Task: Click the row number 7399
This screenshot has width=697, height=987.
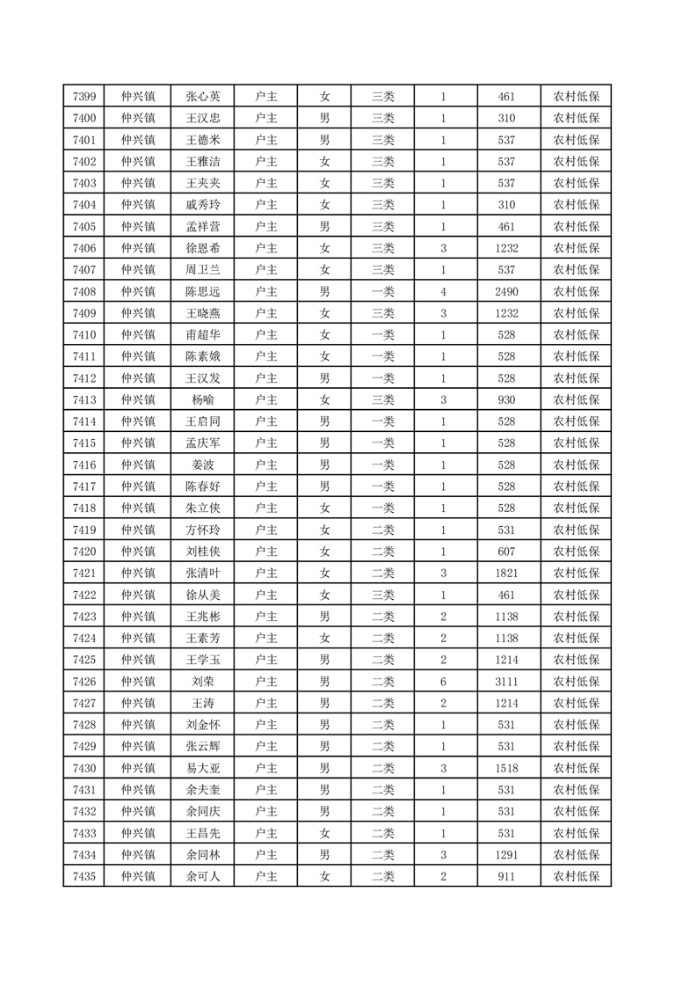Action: click(83, 97)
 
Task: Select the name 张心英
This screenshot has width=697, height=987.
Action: click(203, 97)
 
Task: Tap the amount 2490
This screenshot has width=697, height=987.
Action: click(506, 291)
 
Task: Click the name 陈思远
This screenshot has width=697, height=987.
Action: click(203, 291)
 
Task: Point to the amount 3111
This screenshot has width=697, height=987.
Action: click(506, 681)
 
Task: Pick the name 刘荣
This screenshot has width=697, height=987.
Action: click(203, 681)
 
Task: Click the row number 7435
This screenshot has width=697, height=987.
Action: click(83, 875)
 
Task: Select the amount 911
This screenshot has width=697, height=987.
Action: click(506, 875)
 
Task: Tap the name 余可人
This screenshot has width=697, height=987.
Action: click(203, 875)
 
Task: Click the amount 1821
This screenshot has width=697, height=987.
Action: click(506, 573)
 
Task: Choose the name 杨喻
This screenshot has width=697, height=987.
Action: click(203, 399)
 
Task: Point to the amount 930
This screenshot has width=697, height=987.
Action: click(506, 399)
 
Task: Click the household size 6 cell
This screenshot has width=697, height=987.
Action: click(444, 681)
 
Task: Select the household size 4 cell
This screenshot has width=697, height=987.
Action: click(444, 291)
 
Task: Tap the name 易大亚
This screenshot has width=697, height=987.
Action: click(203, 767)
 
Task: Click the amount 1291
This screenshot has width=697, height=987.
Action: click(506, 853)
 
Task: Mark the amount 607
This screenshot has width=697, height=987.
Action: click(506, 551)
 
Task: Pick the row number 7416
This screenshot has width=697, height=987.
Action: click(83, 464)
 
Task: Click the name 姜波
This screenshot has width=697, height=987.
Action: click(203, 464)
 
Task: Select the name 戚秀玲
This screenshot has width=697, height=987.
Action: click(203, 205)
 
